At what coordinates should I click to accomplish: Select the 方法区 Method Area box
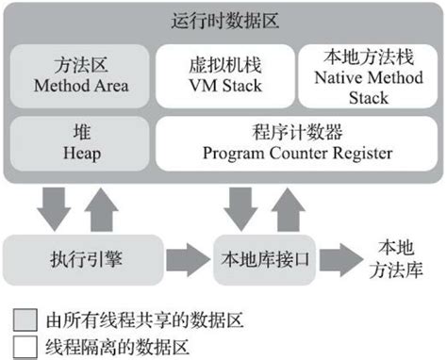[78, 76]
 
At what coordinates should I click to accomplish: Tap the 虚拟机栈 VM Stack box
[223, 76]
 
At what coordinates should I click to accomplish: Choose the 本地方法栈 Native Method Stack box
[368, 76]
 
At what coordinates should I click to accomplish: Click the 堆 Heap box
[78, 143]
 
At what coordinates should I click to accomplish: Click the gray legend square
[23, 319]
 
